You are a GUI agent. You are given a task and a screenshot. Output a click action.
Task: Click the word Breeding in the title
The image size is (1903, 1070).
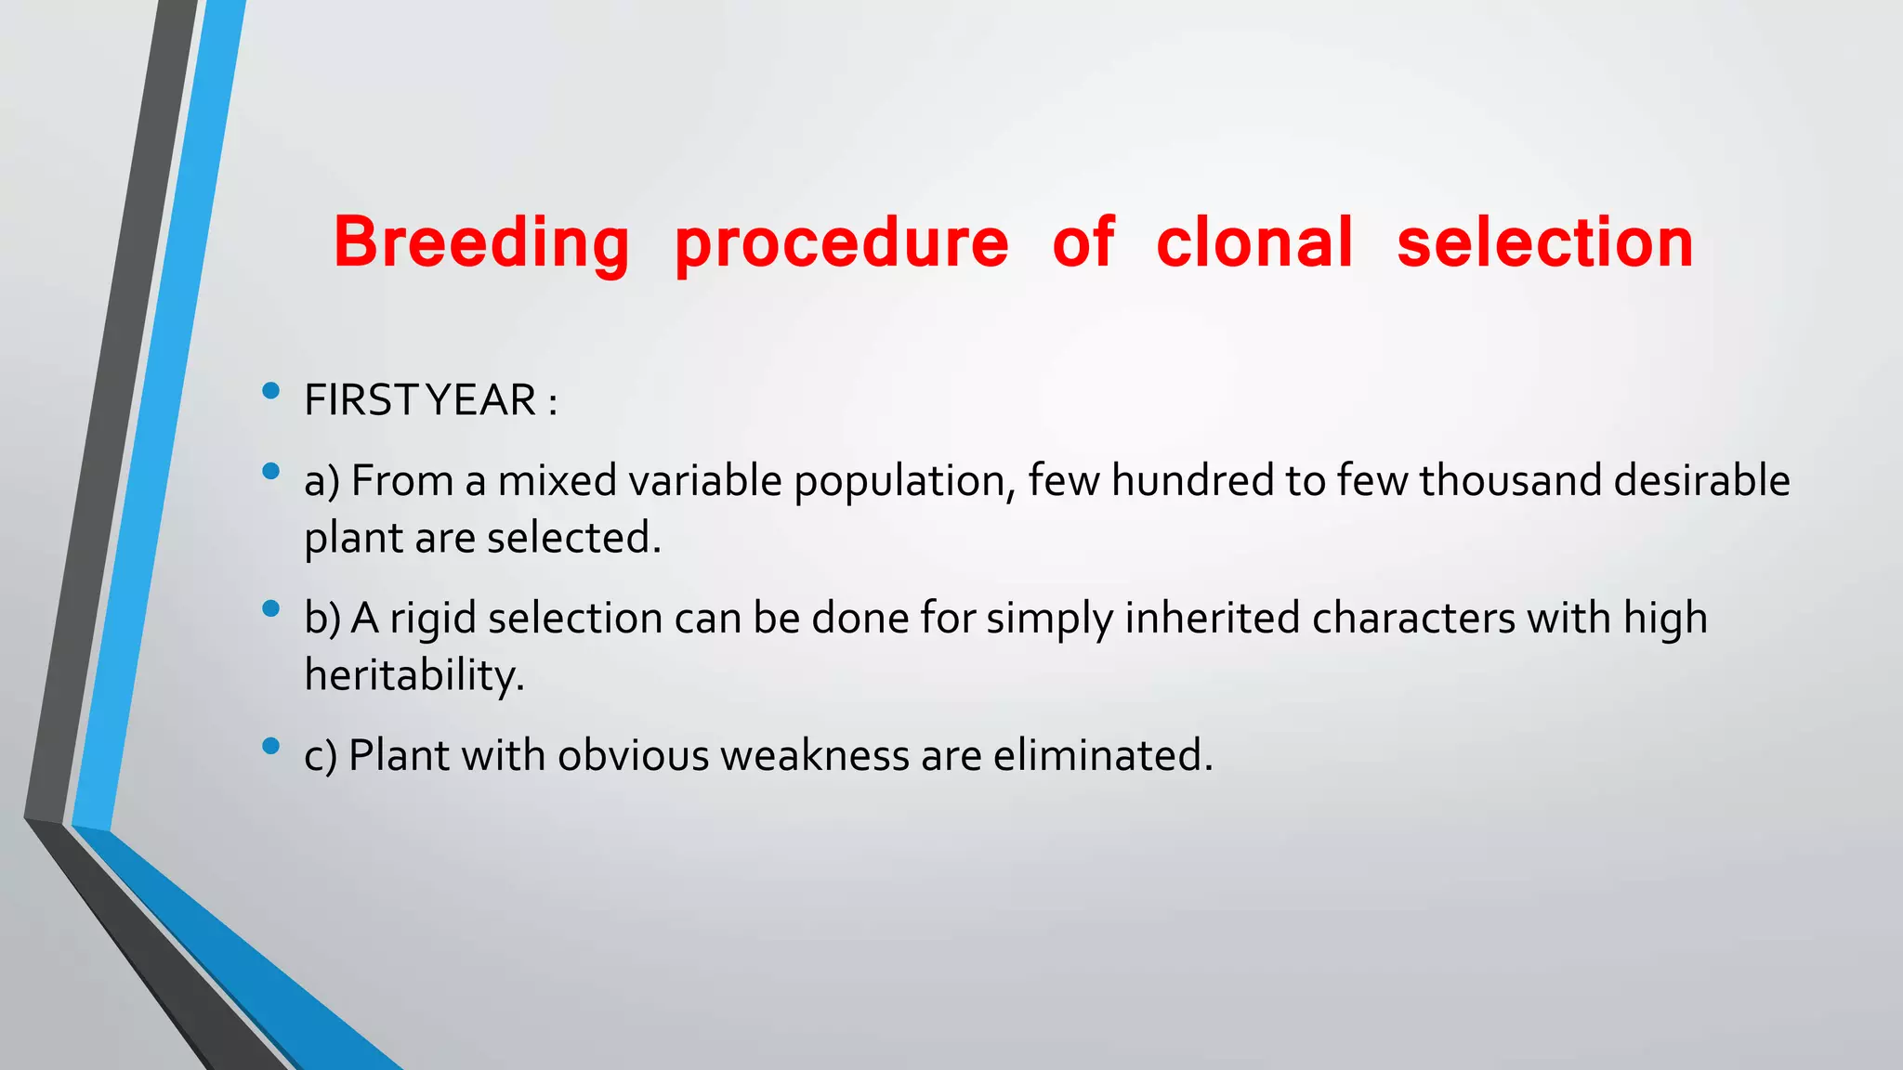coord(481,243)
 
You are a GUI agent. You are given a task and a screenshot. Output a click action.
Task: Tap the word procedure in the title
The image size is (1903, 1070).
coord(841,243)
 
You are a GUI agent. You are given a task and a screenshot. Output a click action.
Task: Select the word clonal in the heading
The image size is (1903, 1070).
coord(1254,243)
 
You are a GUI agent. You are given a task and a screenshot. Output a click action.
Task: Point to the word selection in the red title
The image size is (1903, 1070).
coord(1545,243)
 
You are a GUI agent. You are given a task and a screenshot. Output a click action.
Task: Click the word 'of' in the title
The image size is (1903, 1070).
coord(1083,243)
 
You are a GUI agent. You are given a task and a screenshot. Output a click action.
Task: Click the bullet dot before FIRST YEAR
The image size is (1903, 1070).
coord(271,391)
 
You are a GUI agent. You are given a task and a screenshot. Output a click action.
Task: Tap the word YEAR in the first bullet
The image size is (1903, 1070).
coord(481,401)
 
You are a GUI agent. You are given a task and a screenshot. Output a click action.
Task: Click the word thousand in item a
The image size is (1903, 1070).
coord(1510,481)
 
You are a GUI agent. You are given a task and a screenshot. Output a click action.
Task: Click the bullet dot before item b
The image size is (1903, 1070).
coord(271,609)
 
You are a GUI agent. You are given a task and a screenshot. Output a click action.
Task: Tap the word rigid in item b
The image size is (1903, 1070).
coord(432,620)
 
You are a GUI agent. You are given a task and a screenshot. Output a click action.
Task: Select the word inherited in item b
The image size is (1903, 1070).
coord(1212,619)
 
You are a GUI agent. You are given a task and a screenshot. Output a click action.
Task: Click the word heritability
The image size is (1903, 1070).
coord(414,675)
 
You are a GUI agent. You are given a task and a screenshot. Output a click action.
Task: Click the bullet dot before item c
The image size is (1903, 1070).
coord(271,746)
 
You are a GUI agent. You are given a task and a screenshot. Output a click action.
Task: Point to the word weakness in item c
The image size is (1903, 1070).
coord(815,755)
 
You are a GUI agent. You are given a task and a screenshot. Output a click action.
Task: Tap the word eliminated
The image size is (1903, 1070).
coord(1102,755)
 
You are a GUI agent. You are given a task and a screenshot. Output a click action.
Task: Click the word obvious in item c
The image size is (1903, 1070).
coord(634,755)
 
